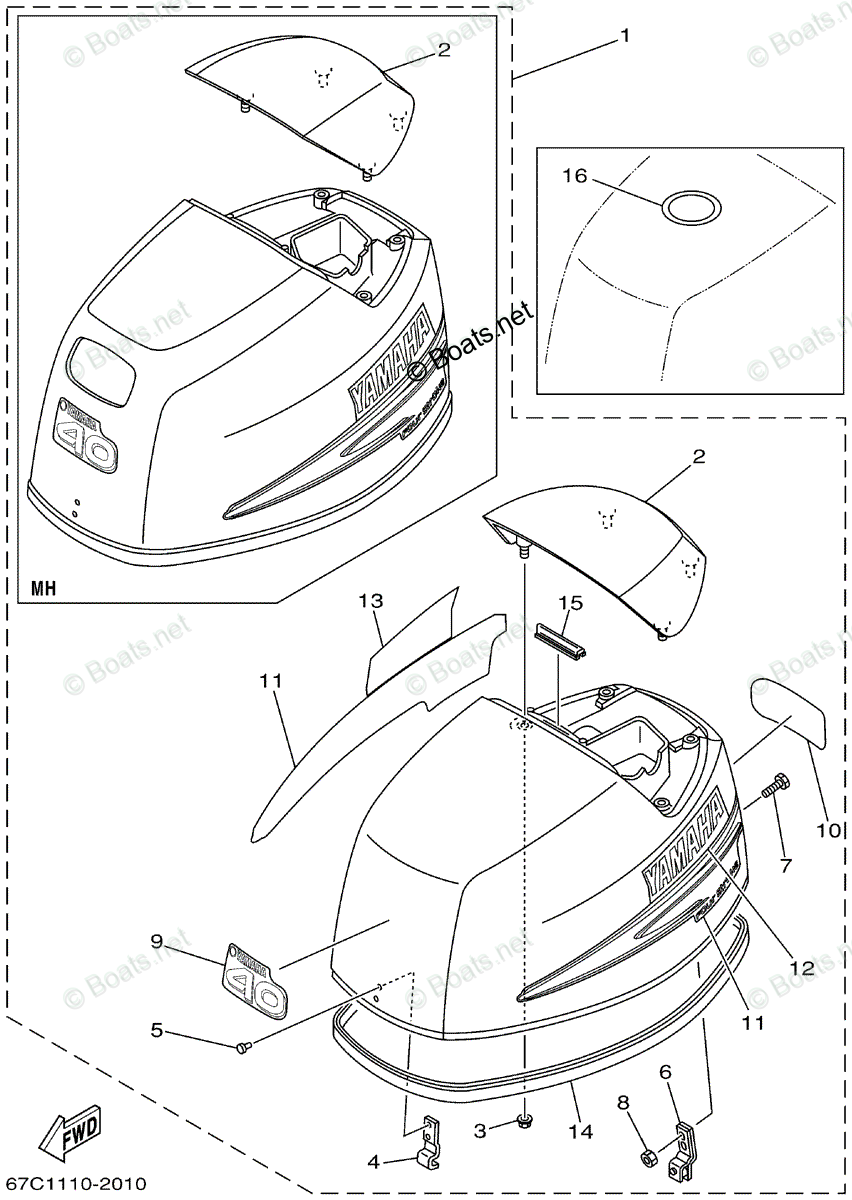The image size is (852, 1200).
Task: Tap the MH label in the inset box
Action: click(43, 588)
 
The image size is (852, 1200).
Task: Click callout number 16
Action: click(574, 176)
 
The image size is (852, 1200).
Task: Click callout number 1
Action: click(625, 37)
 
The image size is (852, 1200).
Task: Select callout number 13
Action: click(370, 601)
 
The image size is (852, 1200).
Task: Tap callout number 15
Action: click(570, 603)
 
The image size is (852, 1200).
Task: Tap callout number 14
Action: click(580, 1132)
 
